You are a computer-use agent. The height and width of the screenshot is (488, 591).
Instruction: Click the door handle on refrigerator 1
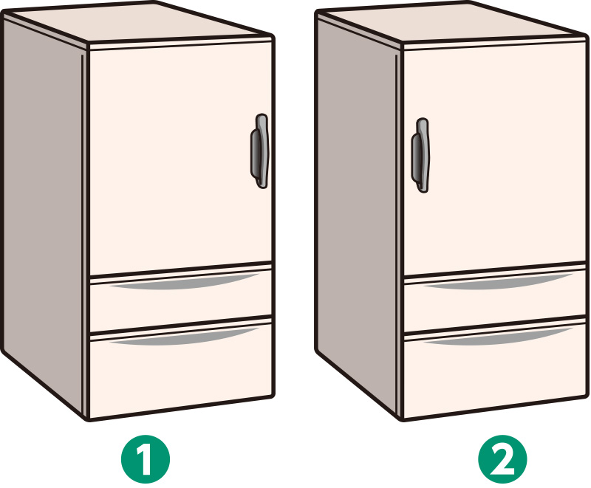(260, 151)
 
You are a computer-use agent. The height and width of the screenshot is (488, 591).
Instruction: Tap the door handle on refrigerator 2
(420, 155)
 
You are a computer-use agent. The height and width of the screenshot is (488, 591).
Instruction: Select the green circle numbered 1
(146, 459)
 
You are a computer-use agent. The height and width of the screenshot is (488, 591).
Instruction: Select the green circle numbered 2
(502, 459)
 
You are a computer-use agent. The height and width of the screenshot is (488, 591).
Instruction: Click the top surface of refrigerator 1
(140, 23)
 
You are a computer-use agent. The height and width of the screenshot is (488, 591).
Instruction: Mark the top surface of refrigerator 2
(452, 23)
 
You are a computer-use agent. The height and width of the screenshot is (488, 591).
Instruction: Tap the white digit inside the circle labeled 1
(146, 459)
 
